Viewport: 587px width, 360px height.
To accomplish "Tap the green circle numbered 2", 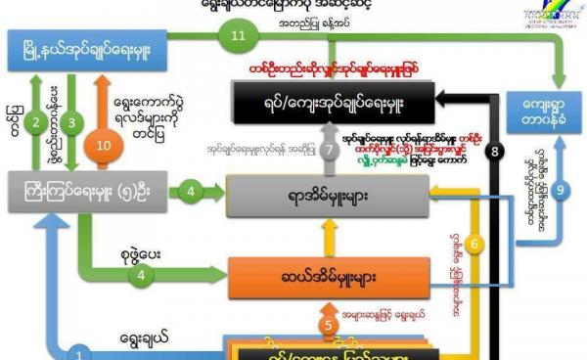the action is click(x=35, y=122).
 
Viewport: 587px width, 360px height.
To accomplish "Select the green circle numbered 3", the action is click(x=70, y=122).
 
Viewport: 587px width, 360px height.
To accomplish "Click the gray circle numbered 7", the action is click(x=330, y=151).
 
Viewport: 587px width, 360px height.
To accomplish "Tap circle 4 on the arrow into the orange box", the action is click(x=144, y=275).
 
